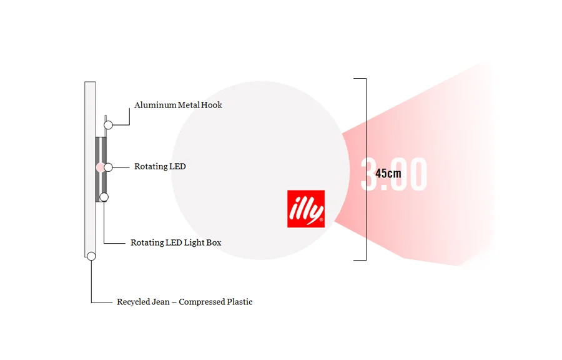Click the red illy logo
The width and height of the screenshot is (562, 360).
(x=306, y=208)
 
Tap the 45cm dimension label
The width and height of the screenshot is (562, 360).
(x=388, y=173)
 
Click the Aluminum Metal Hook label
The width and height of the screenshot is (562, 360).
(x=178, y=105)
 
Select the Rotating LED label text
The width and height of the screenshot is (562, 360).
(x=160, y=167)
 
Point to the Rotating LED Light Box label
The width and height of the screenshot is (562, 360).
(x=175, y=242)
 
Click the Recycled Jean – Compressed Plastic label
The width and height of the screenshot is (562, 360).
(x=184, y=302)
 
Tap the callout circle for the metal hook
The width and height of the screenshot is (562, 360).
(x=108, y=125)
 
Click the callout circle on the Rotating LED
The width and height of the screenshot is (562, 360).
(x=108, y=167)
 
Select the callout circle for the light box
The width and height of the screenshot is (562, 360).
(x=104, y=197)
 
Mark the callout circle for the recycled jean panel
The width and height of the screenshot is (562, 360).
(x=91, y=256)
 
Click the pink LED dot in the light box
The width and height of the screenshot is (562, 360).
(x=100, y=167)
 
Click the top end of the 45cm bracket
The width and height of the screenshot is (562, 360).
(x=360, y=79)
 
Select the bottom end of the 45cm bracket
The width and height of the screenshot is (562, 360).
(x=360, y=259)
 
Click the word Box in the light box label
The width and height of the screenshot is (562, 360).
(x=214, y=242)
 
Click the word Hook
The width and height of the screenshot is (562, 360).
(x=212, y=105)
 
